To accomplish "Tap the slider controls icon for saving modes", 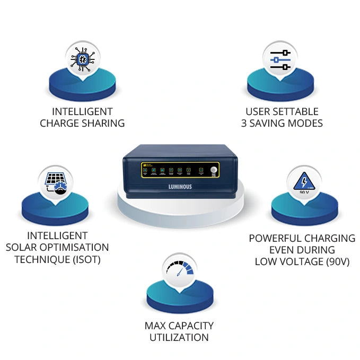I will [280, 59].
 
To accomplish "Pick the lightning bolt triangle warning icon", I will [304, 182].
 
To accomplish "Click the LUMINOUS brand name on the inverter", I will [180, 186].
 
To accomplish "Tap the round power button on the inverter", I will [213, 170].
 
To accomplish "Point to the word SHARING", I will [101, 123].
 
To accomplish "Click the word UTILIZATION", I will [179, 337].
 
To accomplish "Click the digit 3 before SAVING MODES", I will [244, 123].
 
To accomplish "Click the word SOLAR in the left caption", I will [22, 247].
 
